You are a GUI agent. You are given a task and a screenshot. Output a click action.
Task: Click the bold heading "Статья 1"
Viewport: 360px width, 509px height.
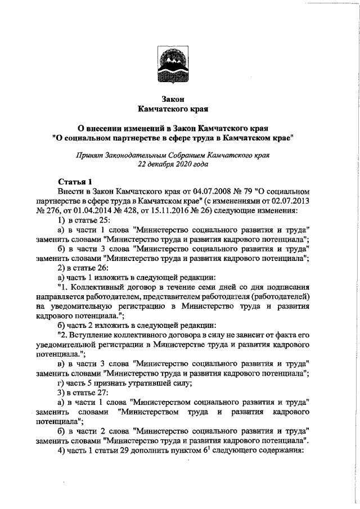tap(75, 182)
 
